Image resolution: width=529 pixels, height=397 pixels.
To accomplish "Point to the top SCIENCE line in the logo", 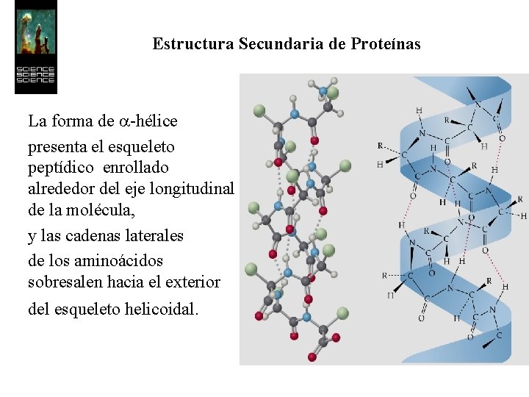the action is coord(35,71).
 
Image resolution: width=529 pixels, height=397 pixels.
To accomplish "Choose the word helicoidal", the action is coord(162,310).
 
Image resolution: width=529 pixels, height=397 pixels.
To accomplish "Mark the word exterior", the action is coord(192,282).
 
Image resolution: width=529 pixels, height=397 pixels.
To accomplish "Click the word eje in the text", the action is coord(135,190).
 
